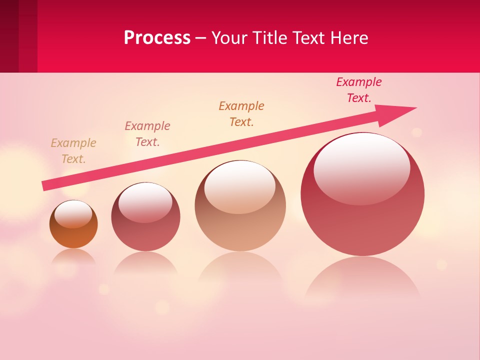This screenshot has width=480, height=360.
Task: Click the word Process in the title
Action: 157,38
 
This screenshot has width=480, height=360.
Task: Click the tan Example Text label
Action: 73,150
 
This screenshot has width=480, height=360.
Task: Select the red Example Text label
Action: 359,89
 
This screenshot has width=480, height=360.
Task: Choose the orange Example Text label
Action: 241,113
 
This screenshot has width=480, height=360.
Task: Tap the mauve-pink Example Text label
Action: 147,133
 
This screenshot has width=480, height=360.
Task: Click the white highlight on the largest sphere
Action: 361,167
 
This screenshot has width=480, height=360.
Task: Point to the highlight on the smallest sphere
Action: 73,214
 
